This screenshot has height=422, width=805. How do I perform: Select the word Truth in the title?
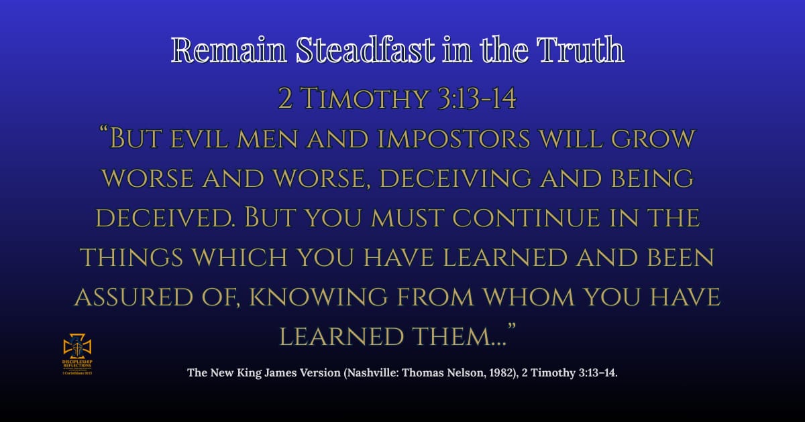pos(582,50)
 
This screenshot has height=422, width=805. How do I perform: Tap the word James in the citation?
pos(281,373)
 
